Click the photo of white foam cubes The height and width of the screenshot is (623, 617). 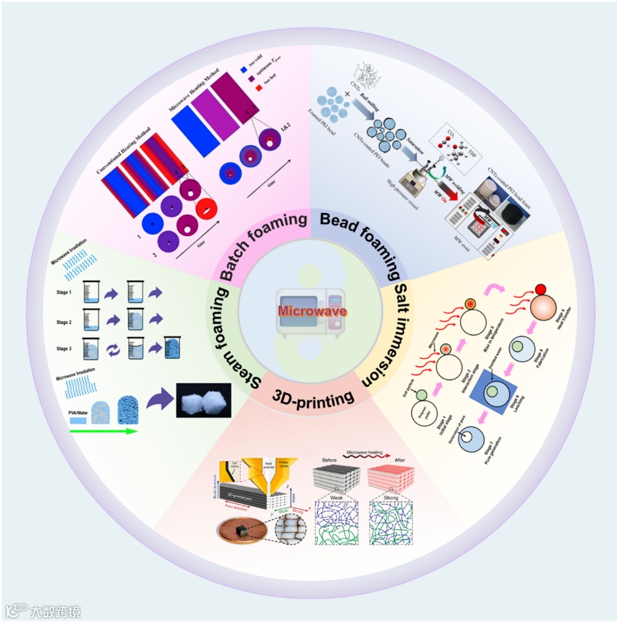click(204, 401)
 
